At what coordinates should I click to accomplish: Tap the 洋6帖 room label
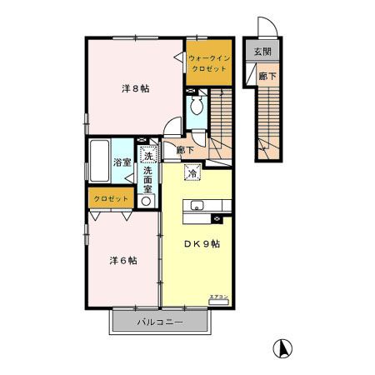click(122, 259)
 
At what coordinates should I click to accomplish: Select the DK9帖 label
click(202, 243)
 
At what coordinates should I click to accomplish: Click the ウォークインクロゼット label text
click(207, 62)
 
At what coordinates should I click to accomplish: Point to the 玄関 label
click(262, 52)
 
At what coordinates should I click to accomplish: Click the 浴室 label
click(122, 162)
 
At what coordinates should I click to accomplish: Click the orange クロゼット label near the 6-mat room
click(110, 198)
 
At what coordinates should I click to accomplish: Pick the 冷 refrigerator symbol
click(192, 173)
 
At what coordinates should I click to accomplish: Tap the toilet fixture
click(196, 106)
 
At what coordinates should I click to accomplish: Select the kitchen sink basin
click(198, 206)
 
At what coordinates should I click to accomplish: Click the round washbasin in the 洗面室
click(147, 200)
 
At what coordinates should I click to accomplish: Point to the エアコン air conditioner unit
click(218, 302)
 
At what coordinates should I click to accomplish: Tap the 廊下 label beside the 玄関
click(263, 74)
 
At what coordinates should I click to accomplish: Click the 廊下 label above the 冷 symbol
click(186, 151)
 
